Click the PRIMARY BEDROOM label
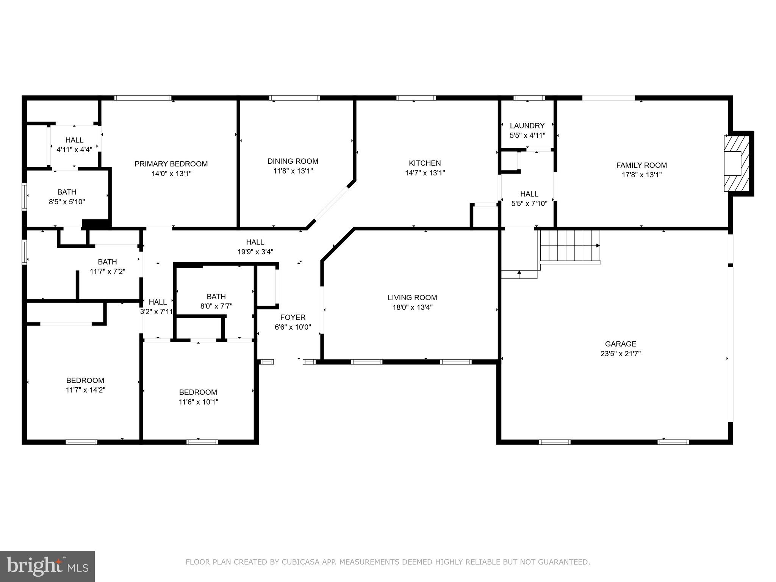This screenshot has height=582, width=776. point(171,164)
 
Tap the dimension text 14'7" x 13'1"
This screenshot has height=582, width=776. point(425,173)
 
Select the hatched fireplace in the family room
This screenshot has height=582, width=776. point(737,163)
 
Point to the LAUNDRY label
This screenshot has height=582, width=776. point(527,125)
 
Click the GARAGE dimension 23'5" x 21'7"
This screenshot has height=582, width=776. point(620,354)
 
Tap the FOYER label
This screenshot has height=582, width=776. point(293,317)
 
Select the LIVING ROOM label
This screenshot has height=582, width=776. point(412,297)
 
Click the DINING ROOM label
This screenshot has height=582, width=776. point(293,161)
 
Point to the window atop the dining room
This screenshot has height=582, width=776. point(294,98)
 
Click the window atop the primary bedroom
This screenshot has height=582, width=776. point(143,98)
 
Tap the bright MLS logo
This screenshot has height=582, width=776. point(47,566)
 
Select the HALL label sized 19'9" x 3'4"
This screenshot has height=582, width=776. point(255,242)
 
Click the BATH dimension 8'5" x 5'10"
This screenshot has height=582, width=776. point(67,202)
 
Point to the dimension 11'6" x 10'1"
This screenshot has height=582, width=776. point(198,402)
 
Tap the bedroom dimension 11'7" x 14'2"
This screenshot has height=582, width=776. point(85,390)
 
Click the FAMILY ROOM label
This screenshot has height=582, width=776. point(641,165)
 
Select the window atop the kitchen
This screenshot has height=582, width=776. point(416,98)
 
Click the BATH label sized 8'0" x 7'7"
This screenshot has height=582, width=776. point(216,296)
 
